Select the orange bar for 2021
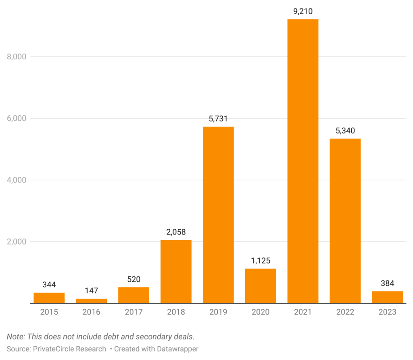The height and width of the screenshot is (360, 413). pos(302,161)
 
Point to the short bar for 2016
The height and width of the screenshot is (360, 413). pos(91,301)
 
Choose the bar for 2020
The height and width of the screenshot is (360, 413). pos(261,286)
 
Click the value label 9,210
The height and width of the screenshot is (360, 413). pos(302,11)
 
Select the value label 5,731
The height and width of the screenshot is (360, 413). pos(218,119)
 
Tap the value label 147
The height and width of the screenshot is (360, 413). pos(91,291)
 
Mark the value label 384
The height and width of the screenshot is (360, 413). pos(387,283)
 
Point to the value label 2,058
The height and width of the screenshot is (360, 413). pos(176,232)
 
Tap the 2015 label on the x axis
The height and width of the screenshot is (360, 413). pos(49,312)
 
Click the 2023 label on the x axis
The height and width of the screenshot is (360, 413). pos(387,312)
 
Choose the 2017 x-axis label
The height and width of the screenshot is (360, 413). pos(133,312)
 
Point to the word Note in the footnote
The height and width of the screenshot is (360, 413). pos(15,336)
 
